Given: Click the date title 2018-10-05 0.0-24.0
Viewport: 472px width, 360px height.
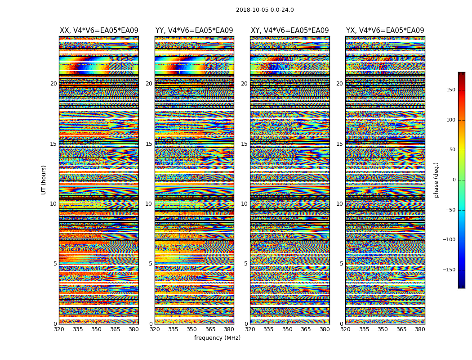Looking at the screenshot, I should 265,10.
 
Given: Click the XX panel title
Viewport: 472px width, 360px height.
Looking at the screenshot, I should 99,31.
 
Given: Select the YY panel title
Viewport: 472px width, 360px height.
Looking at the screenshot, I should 194,31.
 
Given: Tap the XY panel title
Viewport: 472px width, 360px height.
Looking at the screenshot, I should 289,31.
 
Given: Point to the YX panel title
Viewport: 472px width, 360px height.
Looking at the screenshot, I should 385,31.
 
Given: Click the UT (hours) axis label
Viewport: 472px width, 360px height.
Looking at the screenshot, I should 44,180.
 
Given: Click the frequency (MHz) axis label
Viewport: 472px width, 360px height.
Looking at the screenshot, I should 217,338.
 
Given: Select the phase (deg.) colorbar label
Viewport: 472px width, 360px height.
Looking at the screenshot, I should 436,180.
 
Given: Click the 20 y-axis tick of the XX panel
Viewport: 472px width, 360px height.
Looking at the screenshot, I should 53,84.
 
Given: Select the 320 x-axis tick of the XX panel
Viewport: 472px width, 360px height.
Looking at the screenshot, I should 59,329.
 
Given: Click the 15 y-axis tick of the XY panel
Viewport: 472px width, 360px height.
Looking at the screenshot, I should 244,144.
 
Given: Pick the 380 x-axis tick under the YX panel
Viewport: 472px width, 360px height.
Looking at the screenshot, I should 420,329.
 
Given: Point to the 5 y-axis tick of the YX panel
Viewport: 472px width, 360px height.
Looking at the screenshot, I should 341,264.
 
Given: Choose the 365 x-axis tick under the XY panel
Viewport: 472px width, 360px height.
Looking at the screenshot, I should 306,329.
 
